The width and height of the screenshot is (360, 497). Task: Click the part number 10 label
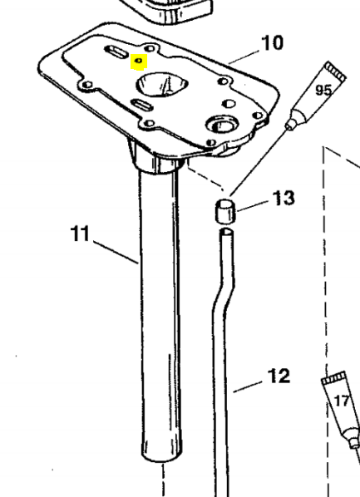point(272,43)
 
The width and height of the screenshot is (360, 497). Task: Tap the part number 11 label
point(80,234)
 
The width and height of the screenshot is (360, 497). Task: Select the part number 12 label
point(279,376)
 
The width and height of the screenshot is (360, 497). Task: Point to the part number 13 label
point(284,198)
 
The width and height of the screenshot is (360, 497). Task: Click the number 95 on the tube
point(323,91)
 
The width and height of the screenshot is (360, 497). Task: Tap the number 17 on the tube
point(341,401)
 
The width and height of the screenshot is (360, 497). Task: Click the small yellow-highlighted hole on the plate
point(139,60)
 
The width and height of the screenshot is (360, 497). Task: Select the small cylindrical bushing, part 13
point(225,211)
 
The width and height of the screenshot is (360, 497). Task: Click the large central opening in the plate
point(162,84)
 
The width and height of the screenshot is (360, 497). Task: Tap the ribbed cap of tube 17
point(334,378)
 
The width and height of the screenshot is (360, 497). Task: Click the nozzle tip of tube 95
point(288,127)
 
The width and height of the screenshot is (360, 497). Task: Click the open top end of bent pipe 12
point(226,233)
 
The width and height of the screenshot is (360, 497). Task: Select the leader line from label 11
point(116,253)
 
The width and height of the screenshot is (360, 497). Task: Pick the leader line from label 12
point(248,387)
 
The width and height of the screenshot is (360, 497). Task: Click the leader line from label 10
point(244,57)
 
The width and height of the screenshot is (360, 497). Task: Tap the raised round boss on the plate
point(223,124)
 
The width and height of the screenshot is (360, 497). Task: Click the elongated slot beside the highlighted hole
point(116,52)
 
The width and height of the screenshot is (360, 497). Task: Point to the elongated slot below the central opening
point(142,104)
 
